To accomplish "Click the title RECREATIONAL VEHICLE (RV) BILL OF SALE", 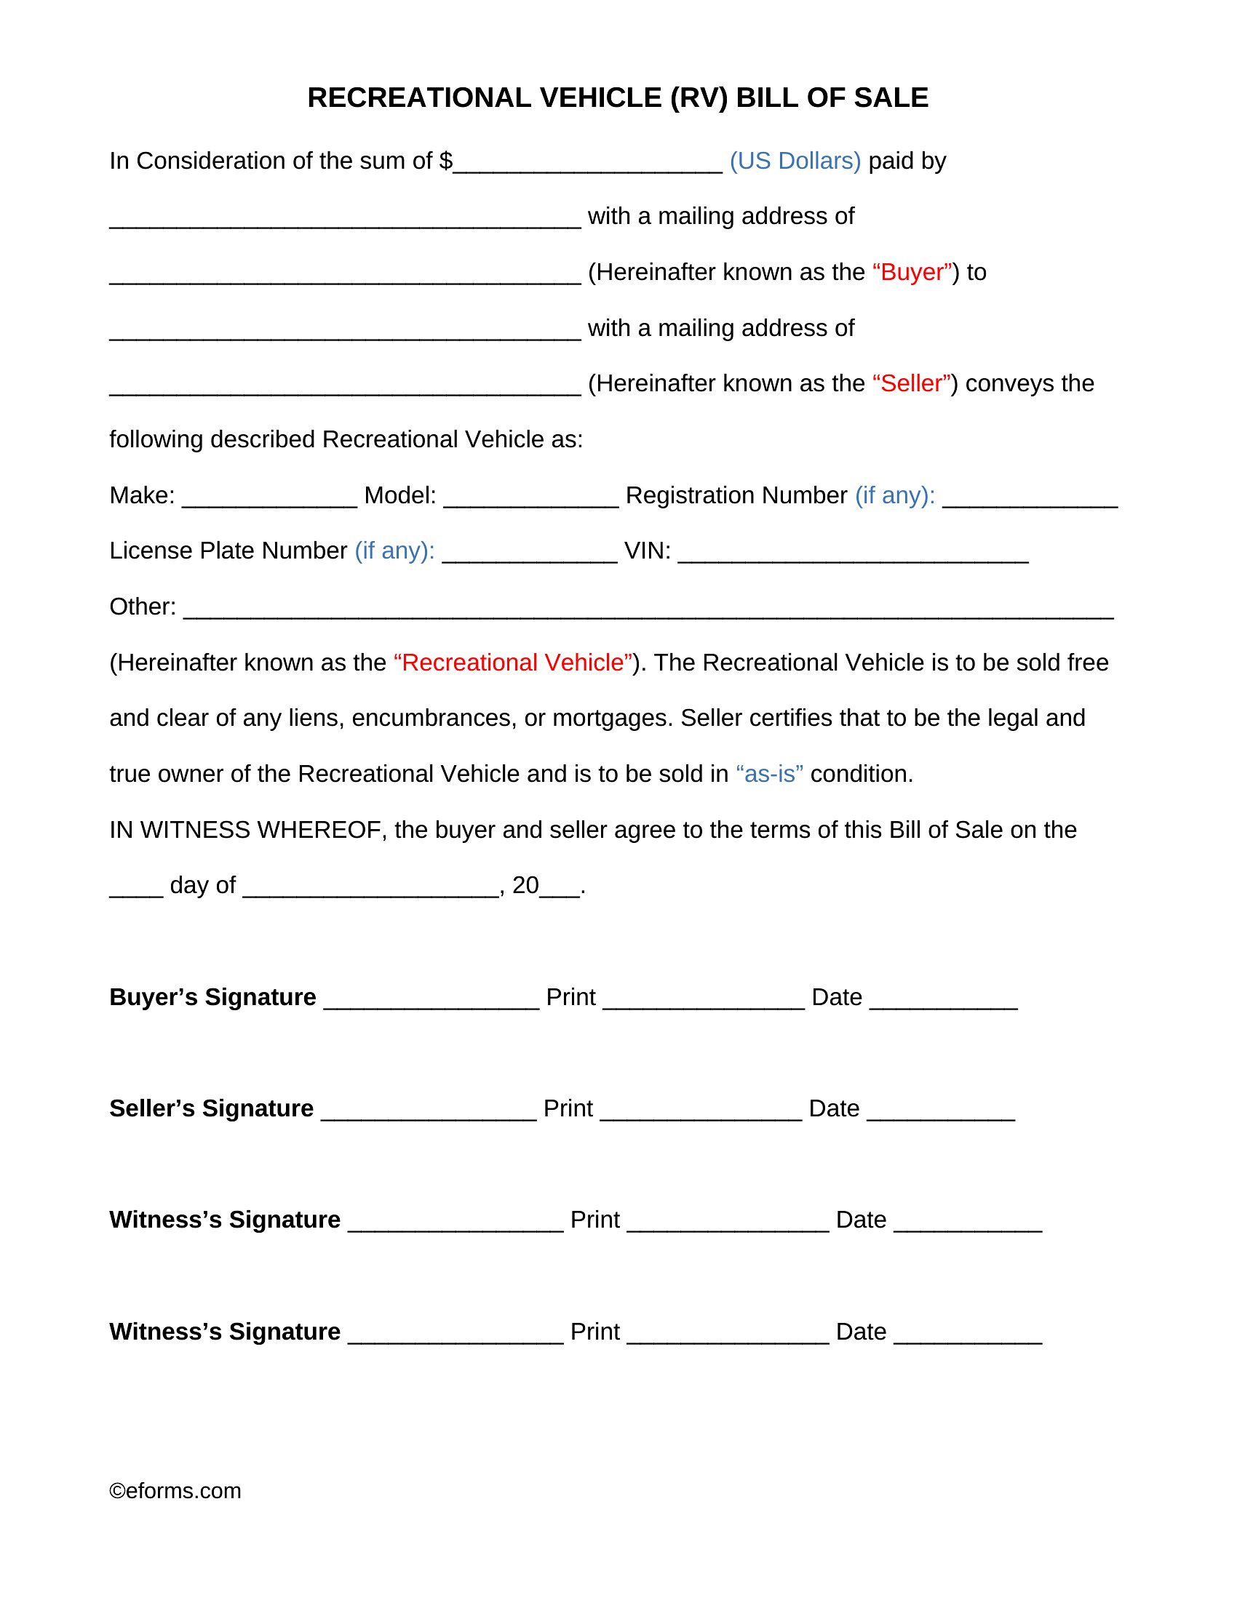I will (617, 97).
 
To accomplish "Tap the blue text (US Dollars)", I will (795, 161).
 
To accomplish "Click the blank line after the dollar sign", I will (588, 165).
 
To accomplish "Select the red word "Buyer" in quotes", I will (912, 272).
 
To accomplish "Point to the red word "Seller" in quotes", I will (911, 383).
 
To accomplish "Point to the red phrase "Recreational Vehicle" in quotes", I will (512, 663).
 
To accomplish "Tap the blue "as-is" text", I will (768, 774).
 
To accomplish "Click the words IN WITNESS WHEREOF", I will (246, 829).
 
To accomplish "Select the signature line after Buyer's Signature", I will (431, 1001).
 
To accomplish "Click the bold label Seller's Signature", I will (211, 1108).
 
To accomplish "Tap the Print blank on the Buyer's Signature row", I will (704, 1001).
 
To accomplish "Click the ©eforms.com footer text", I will (175, 1491).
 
